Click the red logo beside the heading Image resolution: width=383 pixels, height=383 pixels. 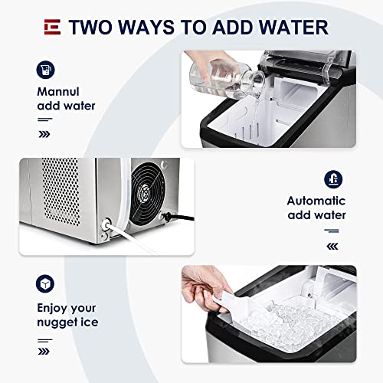pyautogui.click(x=52, y=27)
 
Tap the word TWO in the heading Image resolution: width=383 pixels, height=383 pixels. pyautogui.click(x=90, y=27)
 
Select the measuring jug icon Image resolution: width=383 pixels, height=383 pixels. pyautogui.click(x=45, y=70)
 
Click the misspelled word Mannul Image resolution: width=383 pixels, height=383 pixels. pyautogui.click(x=58, y=92)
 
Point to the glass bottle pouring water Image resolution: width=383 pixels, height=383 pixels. pyautogui.click(x=226, y=79)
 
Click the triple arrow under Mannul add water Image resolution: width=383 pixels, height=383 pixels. pyautogui.click(x=44, y=134)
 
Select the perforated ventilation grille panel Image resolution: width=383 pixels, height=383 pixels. pyautogui.click(x=61, y=191)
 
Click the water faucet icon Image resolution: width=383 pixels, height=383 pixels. pyautogui.click(x=333, y=179)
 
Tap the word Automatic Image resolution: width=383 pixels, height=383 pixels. pyautogui.click(x=316, y=201)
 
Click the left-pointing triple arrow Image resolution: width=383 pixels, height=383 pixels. pyautogui.click(x=332, y=247)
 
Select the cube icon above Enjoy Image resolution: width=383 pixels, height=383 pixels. pyautogui.click(x=45, y=283)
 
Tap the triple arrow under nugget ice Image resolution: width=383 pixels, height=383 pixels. pyautogui.click(x=44, y=352)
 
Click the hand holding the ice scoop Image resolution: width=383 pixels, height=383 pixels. pyautogui.click(x=205, y=286)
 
